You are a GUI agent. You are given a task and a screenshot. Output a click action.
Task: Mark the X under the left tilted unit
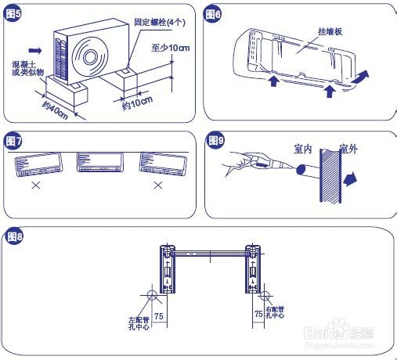tap(34, 186)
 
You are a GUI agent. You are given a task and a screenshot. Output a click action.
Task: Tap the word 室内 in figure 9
tap(303, 147)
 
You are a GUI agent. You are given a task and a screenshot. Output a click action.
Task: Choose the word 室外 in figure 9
tap(348, 147)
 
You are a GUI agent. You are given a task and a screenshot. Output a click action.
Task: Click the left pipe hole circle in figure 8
tap(149, 297)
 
